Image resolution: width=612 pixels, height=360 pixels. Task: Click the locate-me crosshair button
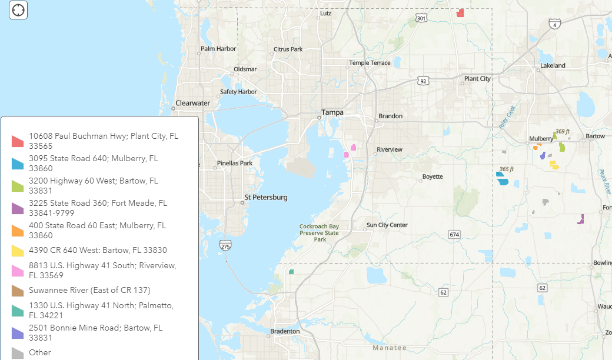[x=18, y=10]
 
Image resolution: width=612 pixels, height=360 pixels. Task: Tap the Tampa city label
[x=332, y=112]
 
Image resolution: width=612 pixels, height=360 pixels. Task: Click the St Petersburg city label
[x=266, y=197]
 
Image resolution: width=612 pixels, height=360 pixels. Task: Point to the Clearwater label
[x=192, y=103]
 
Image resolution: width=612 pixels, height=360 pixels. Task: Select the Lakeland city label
[x=553, y=65]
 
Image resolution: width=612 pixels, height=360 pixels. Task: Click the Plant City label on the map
[x=477, y=79]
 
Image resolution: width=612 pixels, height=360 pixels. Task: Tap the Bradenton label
[x=285, y=331]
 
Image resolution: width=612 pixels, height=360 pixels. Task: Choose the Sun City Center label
[x=387, y=225]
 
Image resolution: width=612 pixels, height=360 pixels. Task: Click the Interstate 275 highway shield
[x=225, y=245]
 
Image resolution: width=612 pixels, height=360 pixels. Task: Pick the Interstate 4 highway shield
[x=554, y=24]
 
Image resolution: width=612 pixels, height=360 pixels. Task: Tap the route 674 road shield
[x=454, y=235]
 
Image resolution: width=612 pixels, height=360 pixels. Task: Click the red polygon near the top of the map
[x=460, y=12]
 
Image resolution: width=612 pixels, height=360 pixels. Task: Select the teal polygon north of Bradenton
[x=291, y=272]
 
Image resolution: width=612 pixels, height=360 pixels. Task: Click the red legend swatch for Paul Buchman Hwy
[x=18, y=141]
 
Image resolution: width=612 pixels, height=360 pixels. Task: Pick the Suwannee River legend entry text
[x=89, y=290]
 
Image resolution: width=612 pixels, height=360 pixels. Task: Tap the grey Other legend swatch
[x=18, y=353]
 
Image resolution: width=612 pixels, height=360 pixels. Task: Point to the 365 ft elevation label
[x=506, y=169]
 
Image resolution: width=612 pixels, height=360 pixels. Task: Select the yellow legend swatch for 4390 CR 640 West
[x=18, y=251]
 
